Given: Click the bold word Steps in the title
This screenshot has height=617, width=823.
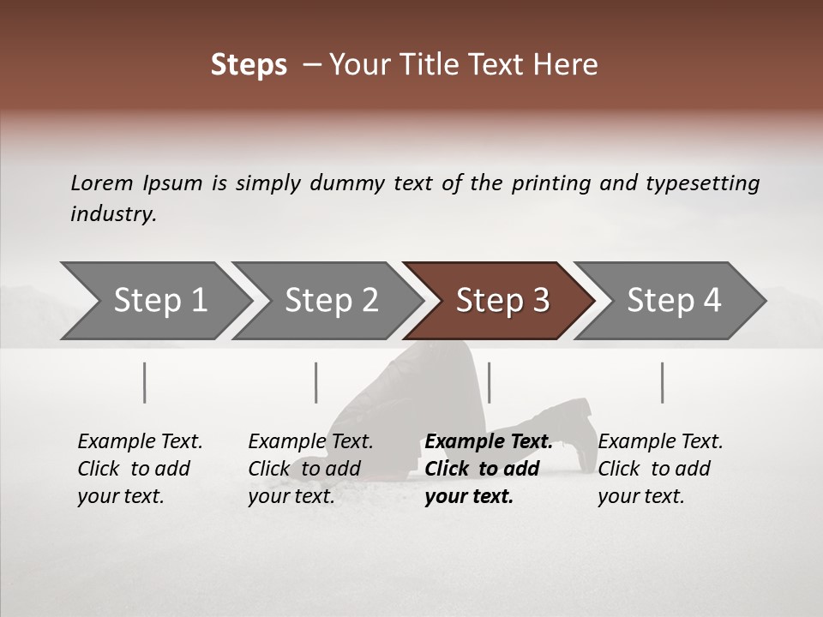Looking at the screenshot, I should pos(249,64).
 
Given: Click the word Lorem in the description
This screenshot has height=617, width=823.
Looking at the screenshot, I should pos(102,183).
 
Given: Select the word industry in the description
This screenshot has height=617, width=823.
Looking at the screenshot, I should pos(112,213).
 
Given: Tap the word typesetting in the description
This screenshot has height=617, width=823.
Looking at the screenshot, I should pos(702,183).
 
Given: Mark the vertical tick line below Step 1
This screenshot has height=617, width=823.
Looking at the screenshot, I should pos(145,382).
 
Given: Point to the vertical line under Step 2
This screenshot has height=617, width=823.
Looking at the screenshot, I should pos(316,382).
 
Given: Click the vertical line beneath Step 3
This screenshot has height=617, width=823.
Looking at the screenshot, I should pos(489,382).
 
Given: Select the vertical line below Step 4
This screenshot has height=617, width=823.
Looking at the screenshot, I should pos(663,382).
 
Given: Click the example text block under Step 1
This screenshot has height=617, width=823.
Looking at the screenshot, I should pos(140,469).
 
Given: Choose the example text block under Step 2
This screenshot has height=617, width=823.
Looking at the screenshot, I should pos(310,469).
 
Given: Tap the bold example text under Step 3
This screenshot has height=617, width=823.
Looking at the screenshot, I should pos(488,469).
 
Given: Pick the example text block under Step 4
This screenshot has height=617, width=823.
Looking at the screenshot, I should pos(660,469).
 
